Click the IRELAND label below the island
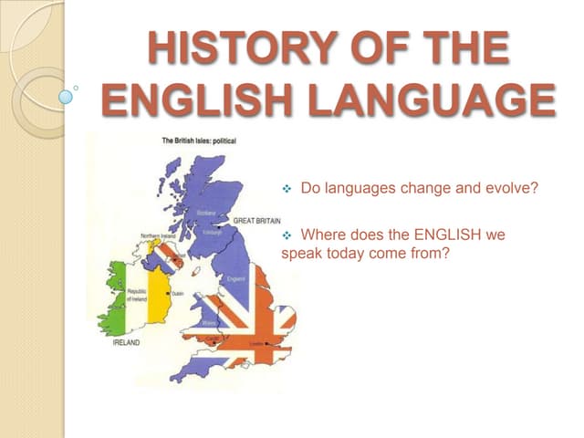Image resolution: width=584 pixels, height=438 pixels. (126, 342)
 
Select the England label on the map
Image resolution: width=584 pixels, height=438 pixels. (236, 278)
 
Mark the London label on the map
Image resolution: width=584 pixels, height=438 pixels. (268, 343)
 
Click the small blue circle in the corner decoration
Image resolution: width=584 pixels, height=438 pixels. (66, 95)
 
